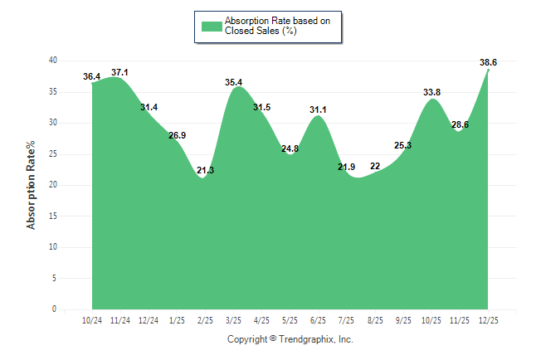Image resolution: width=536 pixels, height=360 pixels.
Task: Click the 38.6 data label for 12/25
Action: coord(488,62)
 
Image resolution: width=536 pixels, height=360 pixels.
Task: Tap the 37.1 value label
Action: coord(120,72)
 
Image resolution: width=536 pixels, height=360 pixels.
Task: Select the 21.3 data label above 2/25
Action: coord(205,170)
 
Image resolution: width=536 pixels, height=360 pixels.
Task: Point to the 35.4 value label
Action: coord(234,82)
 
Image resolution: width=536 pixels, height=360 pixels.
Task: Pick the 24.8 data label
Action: coord(290,148)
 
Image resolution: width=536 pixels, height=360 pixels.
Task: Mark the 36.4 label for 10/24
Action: coord(92,77)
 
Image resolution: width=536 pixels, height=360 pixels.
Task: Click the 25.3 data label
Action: coord(403,145)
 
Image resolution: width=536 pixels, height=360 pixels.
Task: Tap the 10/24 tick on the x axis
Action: coord(92,319)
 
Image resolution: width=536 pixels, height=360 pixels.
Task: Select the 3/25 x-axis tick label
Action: coord(233,319)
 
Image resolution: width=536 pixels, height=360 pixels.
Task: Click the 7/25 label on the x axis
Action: coord(346,319)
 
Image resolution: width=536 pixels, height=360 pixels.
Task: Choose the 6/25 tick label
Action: coord(318,319)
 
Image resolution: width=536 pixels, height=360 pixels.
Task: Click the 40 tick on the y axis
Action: coord(52,61)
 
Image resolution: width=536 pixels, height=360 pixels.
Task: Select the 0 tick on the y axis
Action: coord(55,309)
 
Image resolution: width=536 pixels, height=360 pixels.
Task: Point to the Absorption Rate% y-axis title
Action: coord(32,185)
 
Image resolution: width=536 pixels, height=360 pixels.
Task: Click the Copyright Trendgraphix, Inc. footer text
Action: coord(290,339)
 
